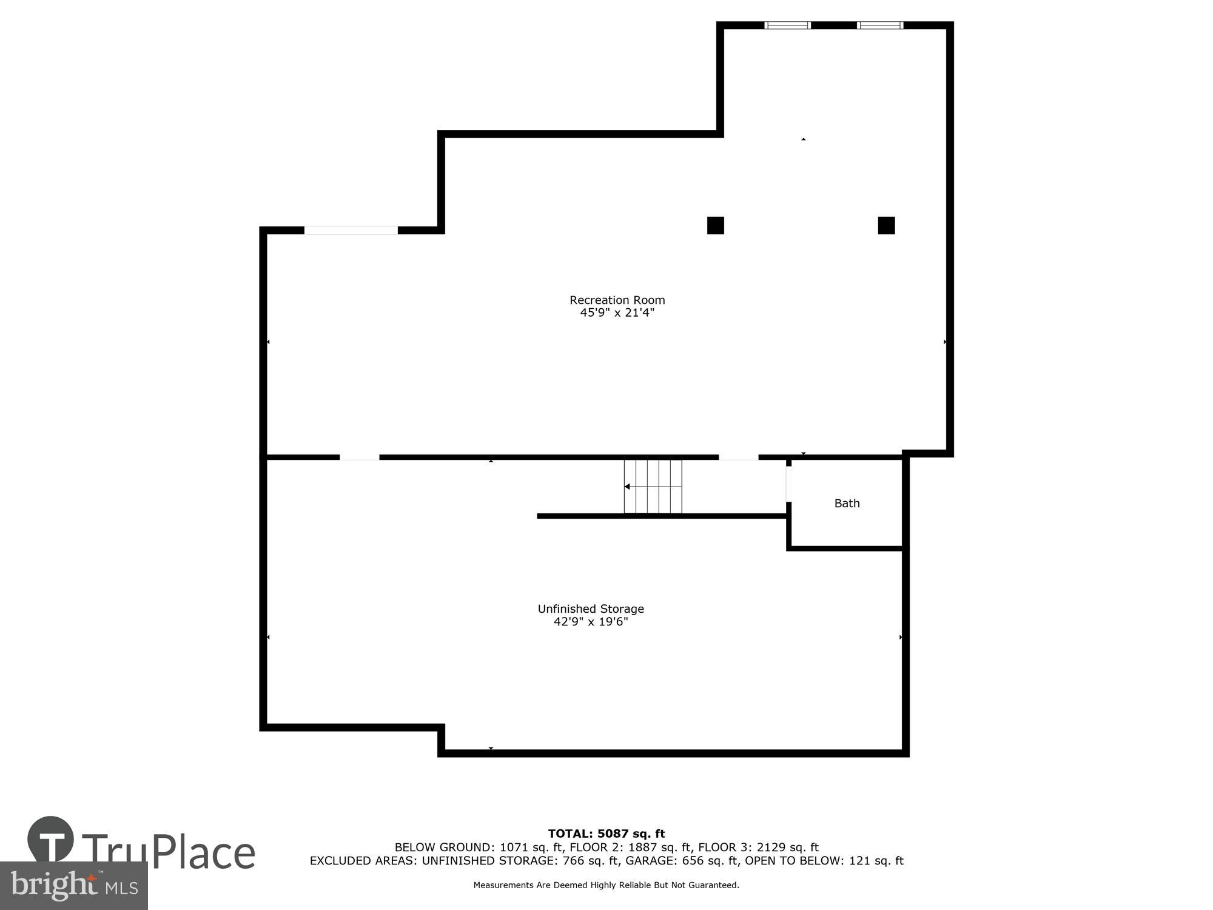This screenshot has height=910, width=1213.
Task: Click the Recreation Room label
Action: tap(617, 300)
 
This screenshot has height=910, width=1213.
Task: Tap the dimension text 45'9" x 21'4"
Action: tap(617, 313)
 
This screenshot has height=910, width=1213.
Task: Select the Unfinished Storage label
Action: tap(591, 608)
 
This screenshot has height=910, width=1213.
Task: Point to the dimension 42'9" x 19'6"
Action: tap(591, 622)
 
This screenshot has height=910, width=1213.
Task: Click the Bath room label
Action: tap(847, 503)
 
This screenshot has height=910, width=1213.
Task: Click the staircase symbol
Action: tap(653, 487)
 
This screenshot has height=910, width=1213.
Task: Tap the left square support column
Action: tap(716, 225)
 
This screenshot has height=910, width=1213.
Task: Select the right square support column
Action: tap(886, 225)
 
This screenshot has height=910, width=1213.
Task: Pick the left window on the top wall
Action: tap(787, 25)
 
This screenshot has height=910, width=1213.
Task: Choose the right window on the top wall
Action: tap(880, 25)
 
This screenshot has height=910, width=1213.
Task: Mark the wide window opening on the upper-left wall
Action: tap(351, 230)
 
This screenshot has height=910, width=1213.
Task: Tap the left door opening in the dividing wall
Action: tap(359, 457)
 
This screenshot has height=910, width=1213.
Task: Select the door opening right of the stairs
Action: tap(738, 457)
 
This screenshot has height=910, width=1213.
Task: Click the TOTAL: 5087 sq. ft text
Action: tap(606, 834)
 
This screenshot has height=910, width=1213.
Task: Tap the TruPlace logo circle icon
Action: tap(50, 840)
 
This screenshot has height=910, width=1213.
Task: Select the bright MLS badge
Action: tap(74, 886)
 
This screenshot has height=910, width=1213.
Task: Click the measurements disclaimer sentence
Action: tap(606, 885)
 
